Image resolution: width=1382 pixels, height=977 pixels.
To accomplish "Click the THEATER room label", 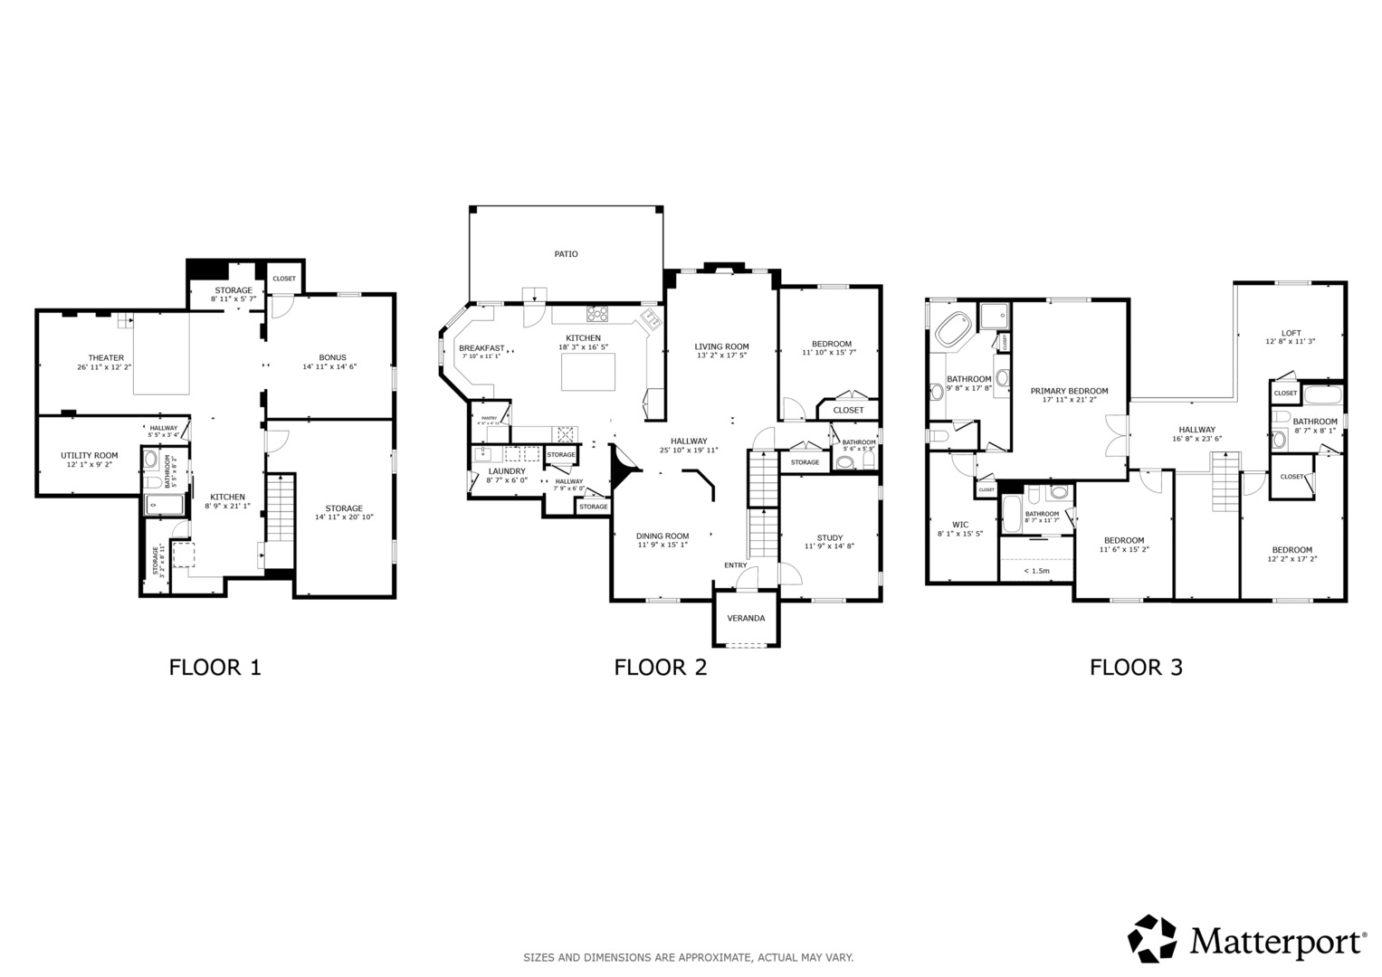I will (106, 358).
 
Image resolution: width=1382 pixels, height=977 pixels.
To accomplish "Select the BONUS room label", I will (332, 357).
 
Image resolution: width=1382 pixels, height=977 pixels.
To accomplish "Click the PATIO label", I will (567, 254).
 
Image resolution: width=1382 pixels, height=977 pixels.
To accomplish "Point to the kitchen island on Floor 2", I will (588, 372).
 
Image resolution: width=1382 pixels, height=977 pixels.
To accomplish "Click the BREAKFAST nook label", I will (481, 348).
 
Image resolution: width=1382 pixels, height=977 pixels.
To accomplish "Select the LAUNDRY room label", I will (507, 471).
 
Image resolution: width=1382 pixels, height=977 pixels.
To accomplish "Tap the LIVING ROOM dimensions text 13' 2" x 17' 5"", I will (721, 356).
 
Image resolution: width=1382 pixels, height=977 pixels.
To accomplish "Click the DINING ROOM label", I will (662, 536).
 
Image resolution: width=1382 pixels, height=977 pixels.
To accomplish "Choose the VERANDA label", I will (747, 619).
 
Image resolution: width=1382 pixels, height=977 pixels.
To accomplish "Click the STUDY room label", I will (829, 538).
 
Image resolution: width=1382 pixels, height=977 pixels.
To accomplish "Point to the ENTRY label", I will (736, 565).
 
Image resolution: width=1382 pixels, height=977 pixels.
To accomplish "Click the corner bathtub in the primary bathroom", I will (952, 330).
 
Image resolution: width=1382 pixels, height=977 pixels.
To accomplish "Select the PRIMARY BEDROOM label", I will (1069, 392).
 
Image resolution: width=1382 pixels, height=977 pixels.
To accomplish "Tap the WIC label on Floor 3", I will (960, 525).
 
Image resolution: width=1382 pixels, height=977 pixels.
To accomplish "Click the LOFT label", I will (1291, 332).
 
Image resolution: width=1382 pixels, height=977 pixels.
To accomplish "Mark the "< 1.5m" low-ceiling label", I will (1036, 571).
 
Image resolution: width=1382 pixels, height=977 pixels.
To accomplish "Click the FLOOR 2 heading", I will (661, 668).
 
